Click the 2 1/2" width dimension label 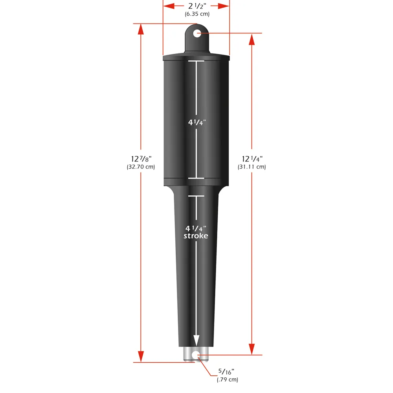196,6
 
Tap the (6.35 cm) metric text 197,14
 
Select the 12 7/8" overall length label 141,159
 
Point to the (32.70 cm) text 141,167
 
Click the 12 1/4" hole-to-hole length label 252,159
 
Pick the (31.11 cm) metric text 252,167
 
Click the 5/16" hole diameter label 228,372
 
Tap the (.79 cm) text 228,380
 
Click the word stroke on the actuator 196,236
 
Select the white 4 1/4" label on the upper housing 196,122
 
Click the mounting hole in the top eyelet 196,33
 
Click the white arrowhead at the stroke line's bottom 196,340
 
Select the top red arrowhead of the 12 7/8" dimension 141,29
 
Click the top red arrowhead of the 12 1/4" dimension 252,39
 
